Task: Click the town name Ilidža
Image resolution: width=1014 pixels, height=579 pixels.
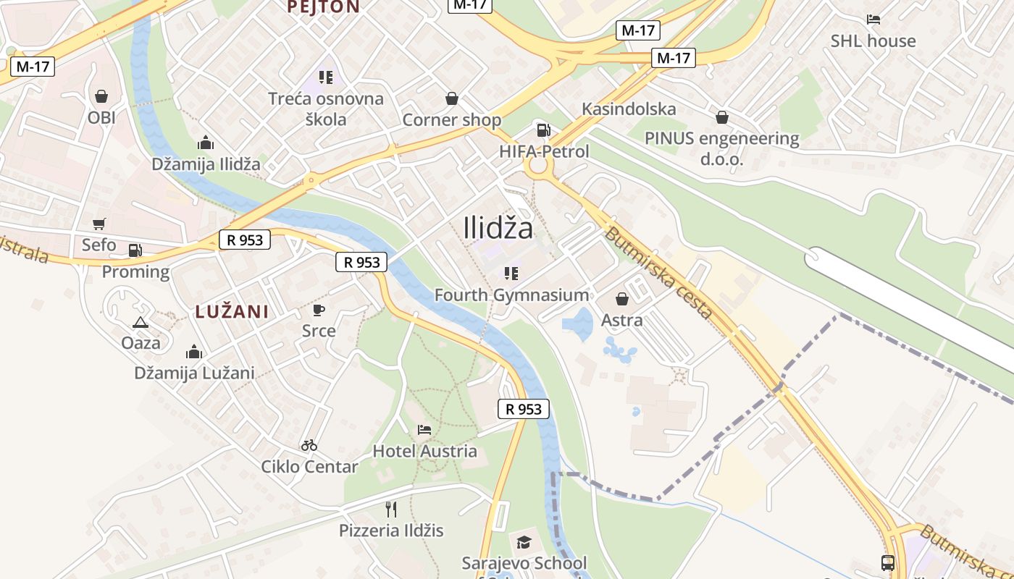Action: coord(498,229)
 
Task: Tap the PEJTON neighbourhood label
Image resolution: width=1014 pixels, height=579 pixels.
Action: coord(323,7)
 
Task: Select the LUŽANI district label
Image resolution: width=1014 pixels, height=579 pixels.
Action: coord(232,312)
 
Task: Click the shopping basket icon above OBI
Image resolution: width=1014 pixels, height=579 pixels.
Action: coord(101,96)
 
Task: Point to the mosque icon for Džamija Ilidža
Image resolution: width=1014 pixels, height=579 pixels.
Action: coord(206,143)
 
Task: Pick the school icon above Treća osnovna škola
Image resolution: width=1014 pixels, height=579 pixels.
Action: coord(325,77)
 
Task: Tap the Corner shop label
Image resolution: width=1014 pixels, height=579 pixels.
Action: coord(451,119)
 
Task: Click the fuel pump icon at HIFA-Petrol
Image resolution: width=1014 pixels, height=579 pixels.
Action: coord(543,130)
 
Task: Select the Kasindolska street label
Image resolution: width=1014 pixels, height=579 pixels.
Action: coord(629,109)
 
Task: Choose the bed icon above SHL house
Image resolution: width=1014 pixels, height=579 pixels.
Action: coord(873,20)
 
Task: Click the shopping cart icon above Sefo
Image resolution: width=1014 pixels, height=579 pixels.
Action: coord(99,224)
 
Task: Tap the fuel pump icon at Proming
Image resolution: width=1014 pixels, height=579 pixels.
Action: coord(135,250)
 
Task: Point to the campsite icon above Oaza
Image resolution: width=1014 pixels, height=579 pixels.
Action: coord(141,322)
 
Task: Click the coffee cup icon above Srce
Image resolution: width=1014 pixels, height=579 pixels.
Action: coord(318,310)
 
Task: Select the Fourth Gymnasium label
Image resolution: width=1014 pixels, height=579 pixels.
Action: coord(511,295)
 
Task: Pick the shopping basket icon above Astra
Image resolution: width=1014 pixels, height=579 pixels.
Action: coord(621,299)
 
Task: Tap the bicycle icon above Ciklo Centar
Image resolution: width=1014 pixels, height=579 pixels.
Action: coord(309,445)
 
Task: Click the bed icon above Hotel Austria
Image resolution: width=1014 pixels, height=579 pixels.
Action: coord(424,430)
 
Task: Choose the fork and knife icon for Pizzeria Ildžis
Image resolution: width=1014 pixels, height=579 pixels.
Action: coord(391,510)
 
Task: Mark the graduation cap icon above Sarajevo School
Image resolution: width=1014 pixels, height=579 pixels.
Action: coord(524,542)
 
